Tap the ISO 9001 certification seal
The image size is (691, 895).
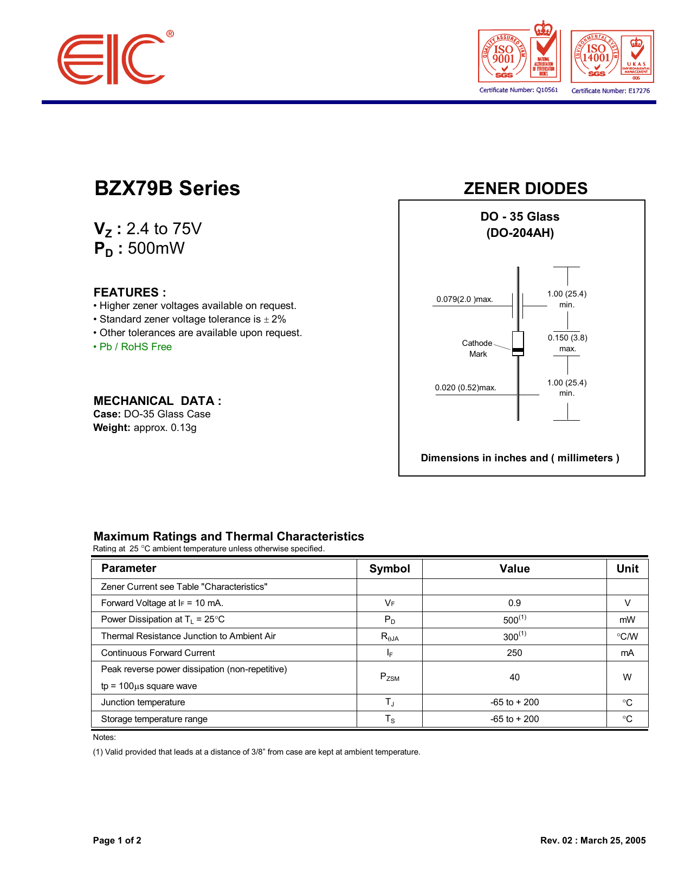504,56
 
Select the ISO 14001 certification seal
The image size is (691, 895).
597,56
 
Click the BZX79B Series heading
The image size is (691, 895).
167,189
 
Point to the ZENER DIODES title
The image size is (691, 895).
525,189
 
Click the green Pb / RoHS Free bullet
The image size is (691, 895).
133,347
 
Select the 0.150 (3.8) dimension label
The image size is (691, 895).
567,338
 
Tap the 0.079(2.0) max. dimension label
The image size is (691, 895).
464,299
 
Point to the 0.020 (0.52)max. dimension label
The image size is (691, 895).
465,388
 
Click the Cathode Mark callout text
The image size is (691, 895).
477,349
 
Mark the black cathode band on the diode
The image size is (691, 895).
518,350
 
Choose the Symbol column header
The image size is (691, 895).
389,569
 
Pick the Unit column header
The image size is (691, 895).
627,569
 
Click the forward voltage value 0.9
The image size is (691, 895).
514,603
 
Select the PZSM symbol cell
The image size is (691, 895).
389,677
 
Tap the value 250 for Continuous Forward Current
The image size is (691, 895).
514,653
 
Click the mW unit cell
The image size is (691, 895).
627,620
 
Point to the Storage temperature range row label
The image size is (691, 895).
154,719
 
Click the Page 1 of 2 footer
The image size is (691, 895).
117,841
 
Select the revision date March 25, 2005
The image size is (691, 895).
612,841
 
